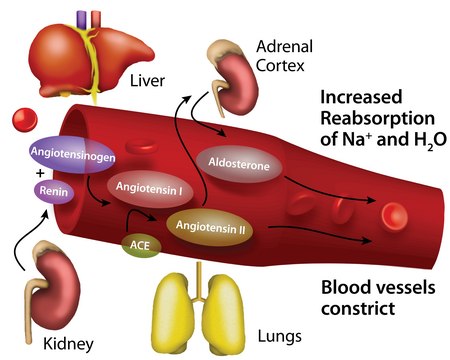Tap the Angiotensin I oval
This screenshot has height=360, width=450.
[x=147, y=186]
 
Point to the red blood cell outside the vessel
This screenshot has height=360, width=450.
[x=23, y=122]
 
